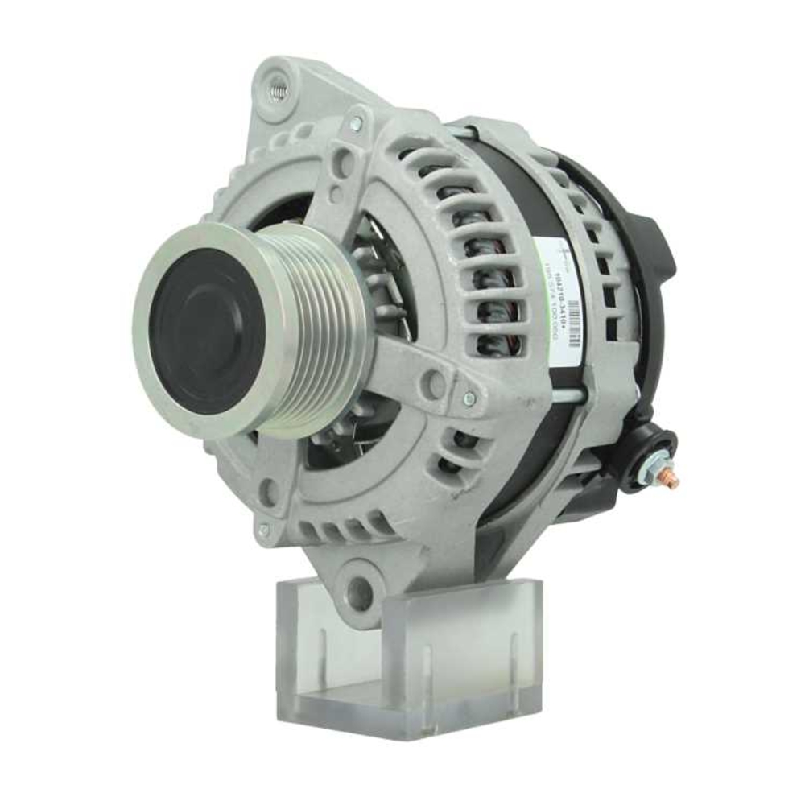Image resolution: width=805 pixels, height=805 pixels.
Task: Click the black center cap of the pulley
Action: click(x=207, y=331)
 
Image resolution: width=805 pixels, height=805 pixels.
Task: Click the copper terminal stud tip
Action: click(x=671, y=481)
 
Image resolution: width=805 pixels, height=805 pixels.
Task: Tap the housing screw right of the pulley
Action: click(x=469, y=398)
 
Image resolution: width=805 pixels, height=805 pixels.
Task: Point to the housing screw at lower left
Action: click(x=264, y=530)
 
